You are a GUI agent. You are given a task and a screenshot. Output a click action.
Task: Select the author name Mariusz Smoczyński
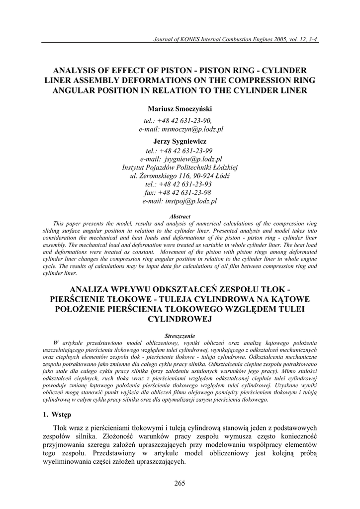coord(180,108)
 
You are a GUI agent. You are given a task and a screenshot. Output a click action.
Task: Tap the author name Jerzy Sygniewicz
coord(180,141)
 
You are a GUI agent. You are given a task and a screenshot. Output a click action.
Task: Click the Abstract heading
coord(180,217)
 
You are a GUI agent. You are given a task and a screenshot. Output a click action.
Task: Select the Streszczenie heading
coord(180,336)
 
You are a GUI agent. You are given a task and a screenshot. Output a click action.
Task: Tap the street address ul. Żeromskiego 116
coord(157,176)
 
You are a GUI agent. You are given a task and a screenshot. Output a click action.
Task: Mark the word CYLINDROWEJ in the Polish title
coord(180,319)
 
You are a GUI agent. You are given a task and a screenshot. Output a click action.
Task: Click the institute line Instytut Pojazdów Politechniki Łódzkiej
coord(180,168)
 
